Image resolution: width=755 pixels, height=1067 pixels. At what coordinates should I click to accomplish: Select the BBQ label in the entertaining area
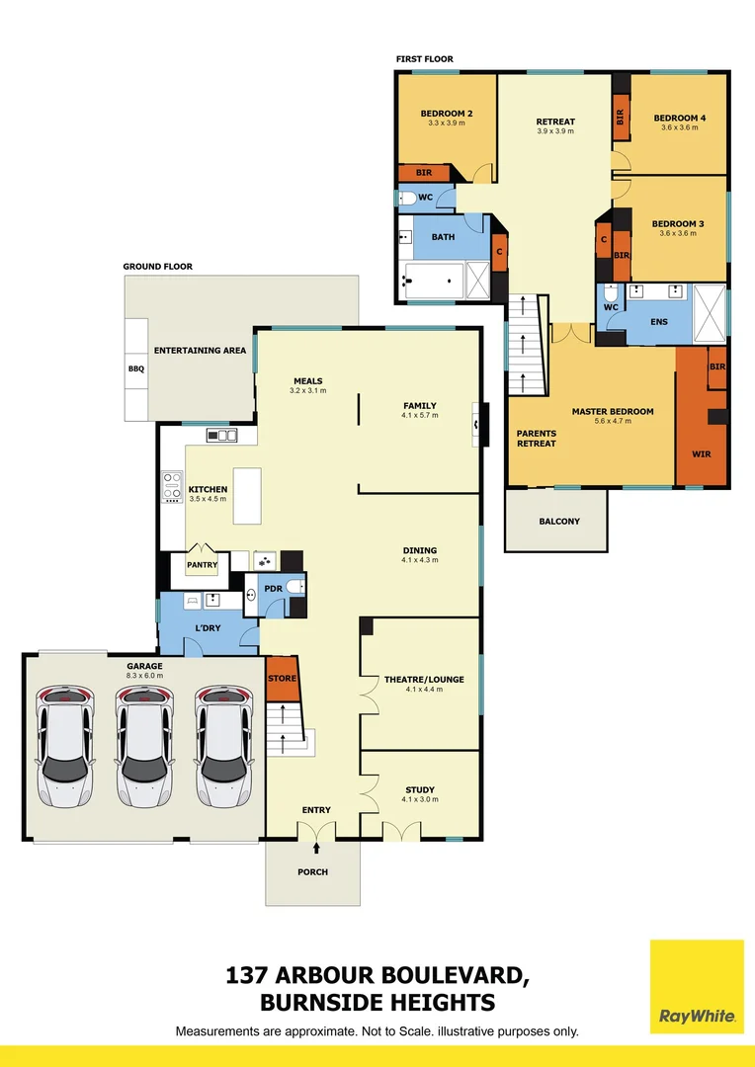136,369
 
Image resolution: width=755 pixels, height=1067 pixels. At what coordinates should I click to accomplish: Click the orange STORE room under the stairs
282,679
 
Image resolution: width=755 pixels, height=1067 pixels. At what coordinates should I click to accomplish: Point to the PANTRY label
202,565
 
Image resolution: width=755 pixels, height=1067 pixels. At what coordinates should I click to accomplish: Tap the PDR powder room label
275,589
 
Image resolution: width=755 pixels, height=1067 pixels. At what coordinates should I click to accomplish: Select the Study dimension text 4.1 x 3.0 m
420,801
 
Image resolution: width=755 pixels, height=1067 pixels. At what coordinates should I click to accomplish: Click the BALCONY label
559,521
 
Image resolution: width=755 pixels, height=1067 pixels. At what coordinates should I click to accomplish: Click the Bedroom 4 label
680,119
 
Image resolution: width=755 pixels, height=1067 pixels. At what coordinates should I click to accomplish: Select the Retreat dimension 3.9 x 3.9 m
555,131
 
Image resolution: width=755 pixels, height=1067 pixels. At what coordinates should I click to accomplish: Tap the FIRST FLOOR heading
425,59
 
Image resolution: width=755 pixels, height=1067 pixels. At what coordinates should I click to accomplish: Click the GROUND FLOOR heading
157,267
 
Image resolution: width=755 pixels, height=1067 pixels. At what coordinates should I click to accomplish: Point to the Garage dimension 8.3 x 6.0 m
144,678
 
